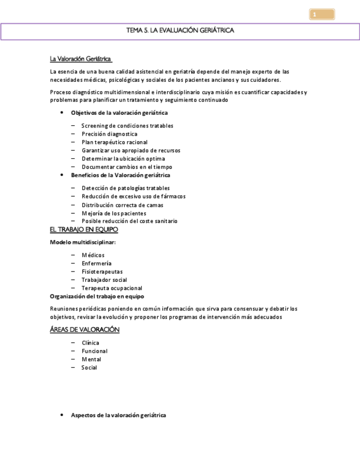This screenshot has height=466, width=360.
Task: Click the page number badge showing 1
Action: [x=322, y=15]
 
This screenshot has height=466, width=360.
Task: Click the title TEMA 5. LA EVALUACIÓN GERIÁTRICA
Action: [x=180, y=31]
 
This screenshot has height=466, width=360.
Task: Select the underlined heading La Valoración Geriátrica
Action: [x=80, y=58]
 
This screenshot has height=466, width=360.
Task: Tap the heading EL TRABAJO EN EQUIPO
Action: [x=84, y=230]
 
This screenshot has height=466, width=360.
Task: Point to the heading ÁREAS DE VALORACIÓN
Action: [x=85, y=329]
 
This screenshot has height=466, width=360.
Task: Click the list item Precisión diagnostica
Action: [x=109, y=134]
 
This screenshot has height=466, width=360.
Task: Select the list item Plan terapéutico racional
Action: [x=114, y=142]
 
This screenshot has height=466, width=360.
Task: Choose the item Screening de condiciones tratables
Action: [x=128, y=126]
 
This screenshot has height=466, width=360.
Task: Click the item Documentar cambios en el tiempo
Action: [x=127, y=167]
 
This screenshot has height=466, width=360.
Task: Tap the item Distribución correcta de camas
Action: [x=123, y=205]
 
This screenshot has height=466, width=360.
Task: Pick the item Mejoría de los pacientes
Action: [x=114, y=213]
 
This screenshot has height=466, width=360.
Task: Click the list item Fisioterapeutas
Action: [x=102, y=271]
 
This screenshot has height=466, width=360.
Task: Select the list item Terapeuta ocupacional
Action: [x=112, y=288]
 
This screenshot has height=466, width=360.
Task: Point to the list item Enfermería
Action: [x=97, y=263]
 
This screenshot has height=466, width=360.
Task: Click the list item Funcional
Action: [x=95, y=351]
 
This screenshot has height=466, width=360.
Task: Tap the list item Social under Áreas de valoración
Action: [x=89, y=368]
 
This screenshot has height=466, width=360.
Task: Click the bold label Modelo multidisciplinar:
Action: [x=83, y=242]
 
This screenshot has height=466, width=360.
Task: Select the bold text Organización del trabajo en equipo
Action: [x=97, y=296]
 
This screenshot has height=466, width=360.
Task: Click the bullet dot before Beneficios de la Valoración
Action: [x=61, y=175]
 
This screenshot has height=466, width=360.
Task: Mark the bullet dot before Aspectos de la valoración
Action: [x=61, y=415]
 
